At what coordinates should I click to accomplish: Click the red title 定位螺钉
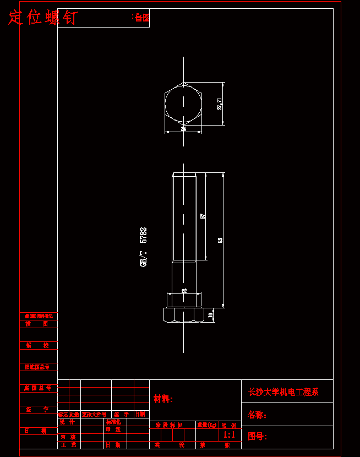pyautogui.click(x=42, y=18)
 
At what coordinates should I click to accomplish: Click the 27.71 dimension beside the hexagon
pyautogui.click(x=220, y=104)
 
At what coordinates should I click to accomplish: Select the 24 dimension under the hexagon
pyautogui.click(x=183, y=129)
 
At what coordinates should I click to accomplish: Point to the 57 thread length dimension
pyautogui.click(x=203, y=216)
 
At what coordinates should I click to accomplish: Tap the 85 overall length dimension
pyautogui.click(x=220, y=240)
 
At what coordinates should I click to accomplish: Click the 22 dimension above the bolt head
pyautogui.click(x=184, y=291)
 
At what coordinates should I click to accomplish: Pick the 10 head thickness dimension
pyautogui.click(x=210, y=315)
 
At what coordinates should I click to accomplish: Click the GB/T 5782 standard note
pyautogui.click(x=144, y=247)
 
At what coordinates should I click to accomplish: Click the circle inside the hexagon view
pyautogui.click(x=183, y=104)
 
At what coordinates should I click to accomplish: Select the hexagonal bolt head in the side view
pyautogui.click(x=183, y=315)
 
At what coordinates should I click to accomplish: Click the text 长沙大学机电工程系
pyautogui.click(x=283, y=392)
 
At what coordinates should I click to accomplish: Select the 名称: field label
pyautogui.click(x=257, y=415)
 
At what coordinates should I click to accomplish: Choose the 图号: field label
pyautogui.click(x=257, y=437)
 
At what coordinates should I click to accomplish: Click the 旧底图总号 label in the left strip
pyautogui.click(x=37, y=367)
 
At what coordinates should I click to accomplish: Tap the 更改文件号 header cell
pyautogui.click(x=94, y=414)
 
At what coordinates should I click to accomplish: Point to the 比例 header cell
pyautogui.click(x=228, y=425)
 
